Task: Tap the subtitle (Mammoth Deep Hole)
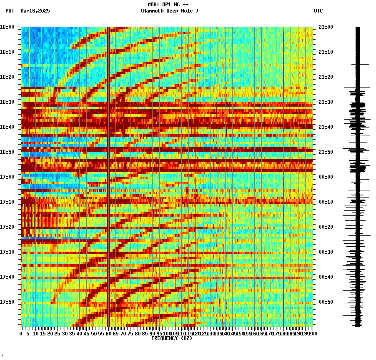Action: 169,11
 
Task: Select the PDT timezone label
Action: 10,11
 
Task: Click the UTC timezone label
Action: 318,11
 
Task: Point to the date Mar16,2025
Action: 35,11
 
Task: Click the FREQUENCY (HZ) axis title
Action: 172,338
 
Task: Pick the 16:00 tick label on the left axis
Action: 7,27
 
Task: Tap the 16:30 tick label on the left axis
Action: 7,102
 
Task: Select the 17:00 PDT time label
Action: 7,177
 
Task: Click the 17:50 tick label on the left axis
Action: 7,302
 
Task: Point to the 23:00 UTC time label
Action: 326,27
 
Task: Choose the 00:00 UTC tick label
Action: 326,177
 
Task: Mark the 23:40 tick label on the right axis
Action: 326,127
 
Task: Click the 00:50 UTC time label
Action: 326,302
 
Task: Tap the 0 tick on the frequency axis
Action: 21,333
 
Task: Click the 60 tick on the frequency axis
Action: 108,333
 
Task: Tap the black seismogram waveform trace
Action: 358,175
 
